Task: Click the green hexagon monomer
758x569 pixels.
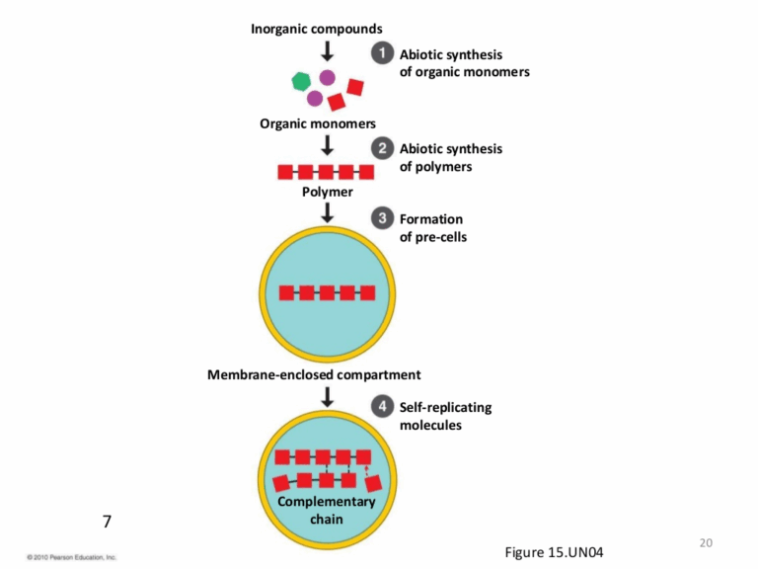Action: coord(299,82)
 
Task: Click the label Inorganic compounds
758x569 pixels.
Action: coord(316,29)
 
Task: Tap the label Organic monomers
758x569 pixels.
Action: coord(318,123)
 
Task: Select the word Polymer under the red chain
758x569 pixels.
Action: coord(327,192)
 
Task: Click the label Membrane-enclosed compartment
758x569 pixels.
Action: coord(314,374)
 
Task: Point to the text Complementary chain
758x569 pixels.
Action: coord(327,510)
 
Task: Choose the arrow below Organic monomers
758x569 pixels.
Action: coord(328,145)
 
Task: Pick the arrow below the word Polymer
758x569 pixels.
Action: coord(328,212)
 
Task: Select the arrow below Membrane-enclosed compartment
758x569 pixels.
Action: coord(328,396)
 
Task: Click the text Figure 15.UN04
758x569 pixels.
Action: coord(553,551)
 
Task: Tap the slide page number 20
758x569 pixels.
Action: coord(705,541)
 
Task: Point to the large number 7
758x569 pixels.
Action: coord(108,521)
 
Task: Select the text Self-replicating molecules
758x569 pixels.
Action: coord(445,416)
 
